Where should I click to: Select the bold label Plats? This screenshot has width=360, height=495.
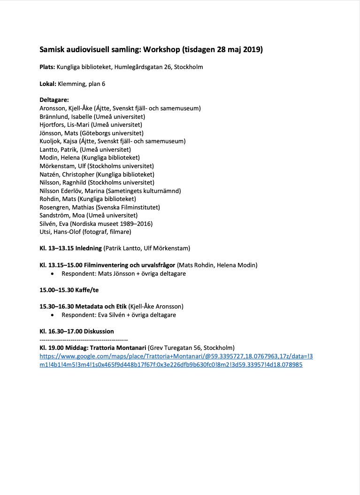47,67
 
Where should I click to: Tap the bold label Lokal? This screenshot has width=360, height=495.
48,84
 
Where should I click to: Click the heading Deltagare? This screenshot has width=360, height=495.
54,100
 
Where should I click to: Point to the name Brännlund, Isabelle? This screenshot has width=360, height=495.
66,116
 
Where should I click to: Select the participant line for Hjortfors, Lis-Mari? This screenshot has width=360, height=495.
91,125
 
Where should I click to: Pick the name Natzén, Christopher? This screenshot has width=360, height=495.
67,174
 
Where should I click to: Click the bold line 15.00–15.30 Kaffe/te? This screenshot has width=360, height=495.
66,290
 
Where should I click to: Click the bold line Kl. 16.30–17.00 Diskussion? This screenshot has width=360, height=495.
77,331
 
